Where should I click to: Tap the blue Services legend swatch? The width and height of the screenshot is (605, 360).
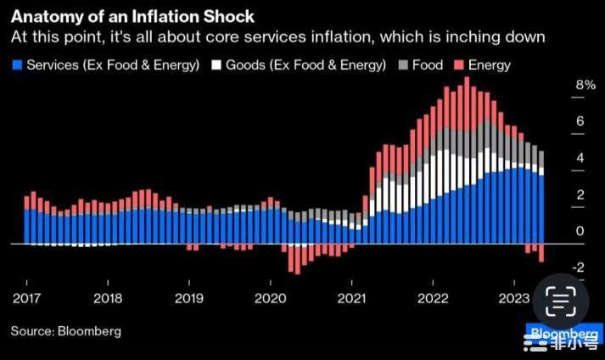16,65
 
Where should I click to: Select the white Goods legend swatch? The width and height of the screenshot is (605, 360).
216,65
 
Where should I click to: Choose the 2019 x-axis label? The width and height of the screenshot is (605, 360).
189,298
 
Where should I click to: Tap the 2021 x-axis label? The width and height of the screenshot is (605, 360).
351,298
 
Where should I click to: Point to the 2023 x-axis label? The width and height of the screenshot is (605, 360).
514,298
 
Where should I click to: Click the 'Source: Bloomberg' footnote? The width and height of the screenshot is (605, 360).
65,330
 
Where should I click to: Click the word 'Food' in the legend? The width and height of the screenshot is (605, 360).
428,65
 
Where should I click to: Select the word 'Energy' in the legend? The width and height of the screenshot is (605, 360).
490,65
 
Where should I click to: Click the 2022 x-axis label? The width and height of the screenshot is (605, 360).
433,298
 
